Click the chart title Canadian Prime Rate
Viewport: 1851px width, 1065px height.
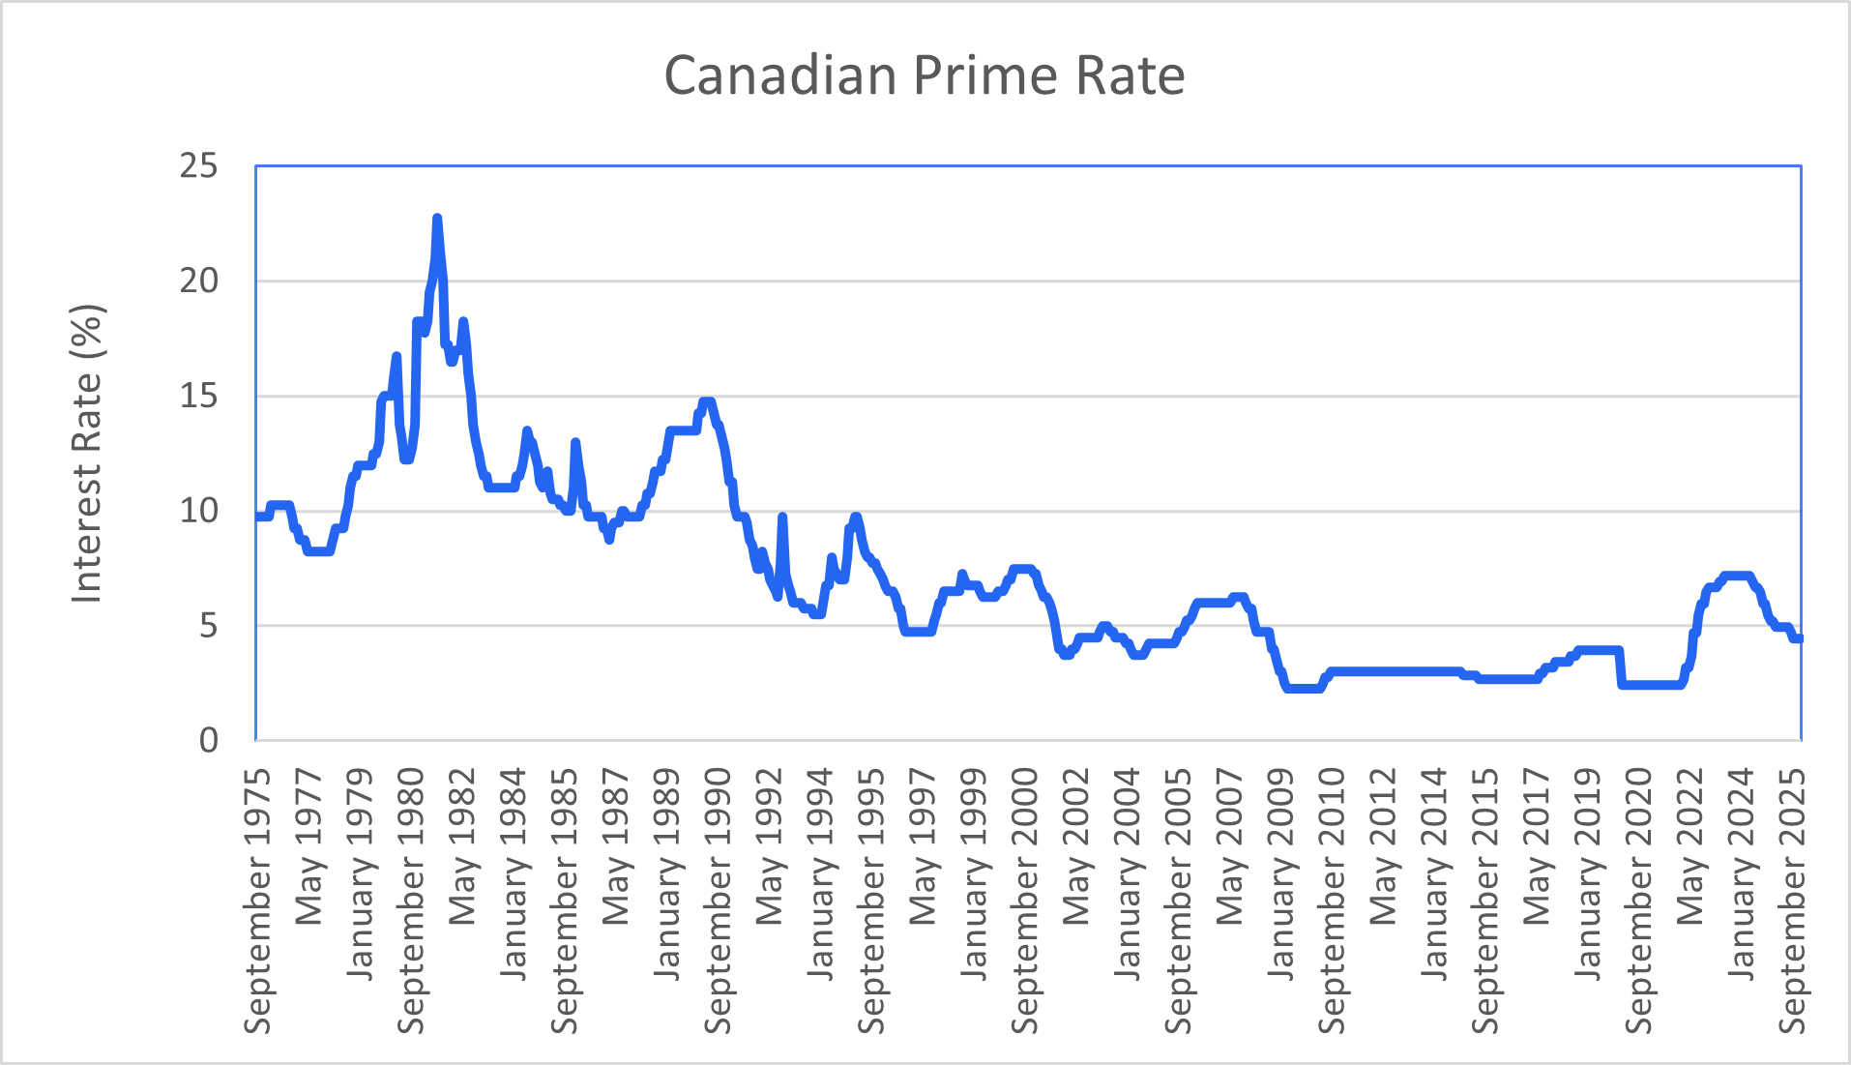(x=924, y=75)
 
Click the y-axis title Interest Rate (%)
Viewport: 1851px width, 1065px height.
(x=87, y=455)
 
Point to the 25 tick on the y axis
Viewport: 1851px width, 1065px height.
(x=198, y=166)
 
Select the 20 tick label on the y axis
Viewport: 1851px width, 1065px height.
(x=198, y=281)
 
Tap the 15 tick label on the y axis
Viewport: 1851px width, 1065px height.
(x=198, y=396)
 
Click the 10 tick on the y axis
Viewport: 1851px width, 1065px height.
(x=198, y=511)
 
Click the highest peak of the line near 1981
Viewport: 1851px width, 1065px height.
(x=437, y=219)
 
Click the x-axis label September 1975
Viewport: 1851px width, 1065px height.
(x=257, y=901)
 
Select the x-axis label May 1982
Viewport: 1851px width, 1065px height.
(x=462, y=846)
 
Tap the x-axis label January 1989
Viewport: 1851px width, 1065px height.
(x=666, y=873)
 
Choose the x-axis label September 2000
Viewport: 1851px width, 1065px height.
(x=1025, y=901)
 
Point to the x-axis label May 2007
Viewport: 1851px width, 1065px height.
(x=1229, y=846)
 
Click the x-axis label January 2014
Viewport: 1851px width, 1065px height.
(x=1434, y=873)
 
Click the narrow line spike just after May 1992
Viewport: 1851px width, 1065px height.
(x=782, y=518)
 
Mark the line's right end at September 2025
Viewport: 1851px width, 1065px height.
(x=1799, y=638)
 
